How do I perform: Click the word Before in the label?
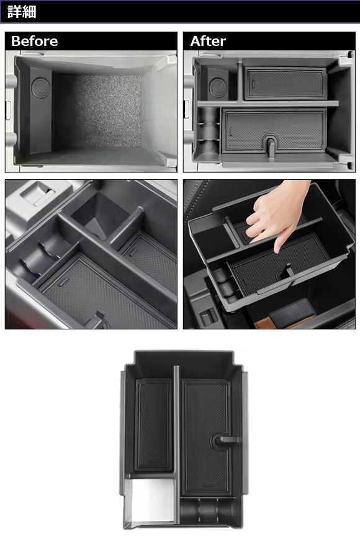(x=35, y=41)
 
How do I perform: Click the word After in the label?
(x=208, y=41)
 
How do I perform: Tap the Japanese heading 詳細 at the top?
(x=22, y=12)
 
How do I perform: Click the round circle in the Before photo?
(x=41, y=87)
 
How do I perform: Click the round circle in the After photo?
(x=218, y=88)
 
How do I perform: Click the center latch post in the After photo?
(x=271, y=148)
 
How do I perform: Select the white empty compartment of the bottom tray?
(x=151, y=501)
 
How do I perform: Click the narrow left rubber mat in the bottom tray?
(x=154, y=425)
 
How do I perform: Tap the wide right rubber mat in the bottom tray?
(x=206, y=437)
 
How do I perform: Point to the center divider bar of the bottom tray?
(x=177, y=443)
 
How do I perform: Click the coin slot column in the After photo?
(x=209, y=135)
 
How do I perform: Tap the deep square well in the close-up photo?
(x=95, y=215)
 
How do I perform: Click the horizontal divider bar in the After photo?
(x=268, y=104)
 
